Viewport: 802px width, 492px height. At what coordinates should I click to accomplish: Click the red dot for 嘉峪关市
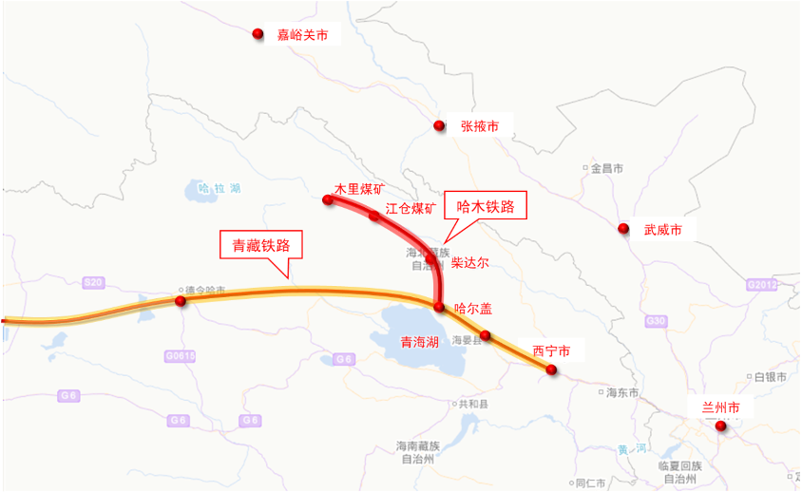tap(257, 34)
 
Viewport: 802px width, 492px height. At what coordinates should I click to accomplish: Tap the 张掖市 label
tap(480, 125)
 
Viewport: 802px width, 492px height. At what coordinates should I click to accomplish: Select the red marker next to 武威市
tap(623, 229)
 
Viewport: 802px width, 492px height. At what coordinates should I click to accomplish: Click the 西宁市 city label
tap(551, 350)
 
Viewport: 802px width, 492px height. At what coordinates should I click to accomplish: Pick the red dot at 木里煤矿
tap(328, 199)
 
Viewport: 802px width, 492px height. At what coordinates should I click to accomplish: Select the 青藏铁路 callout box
tap(261, 246)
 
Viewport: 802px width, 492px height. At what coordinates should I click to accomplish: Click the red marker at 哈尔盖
tap(439, 307)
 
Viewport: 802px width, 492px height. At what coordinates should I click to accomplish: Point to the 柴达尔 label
tap(469, 261)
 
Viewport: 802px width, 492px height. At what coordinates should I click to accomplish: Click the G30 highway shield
tap(656, 321)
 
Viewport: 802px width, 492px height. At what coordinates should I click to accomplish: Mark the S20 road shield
tap(92, 283)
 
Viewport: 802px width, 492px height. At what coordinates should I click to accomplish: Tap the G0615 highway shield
tap(179, 355)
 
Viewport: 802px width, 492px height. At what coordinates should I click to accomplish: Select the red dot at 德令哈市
tap(180, 301)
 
